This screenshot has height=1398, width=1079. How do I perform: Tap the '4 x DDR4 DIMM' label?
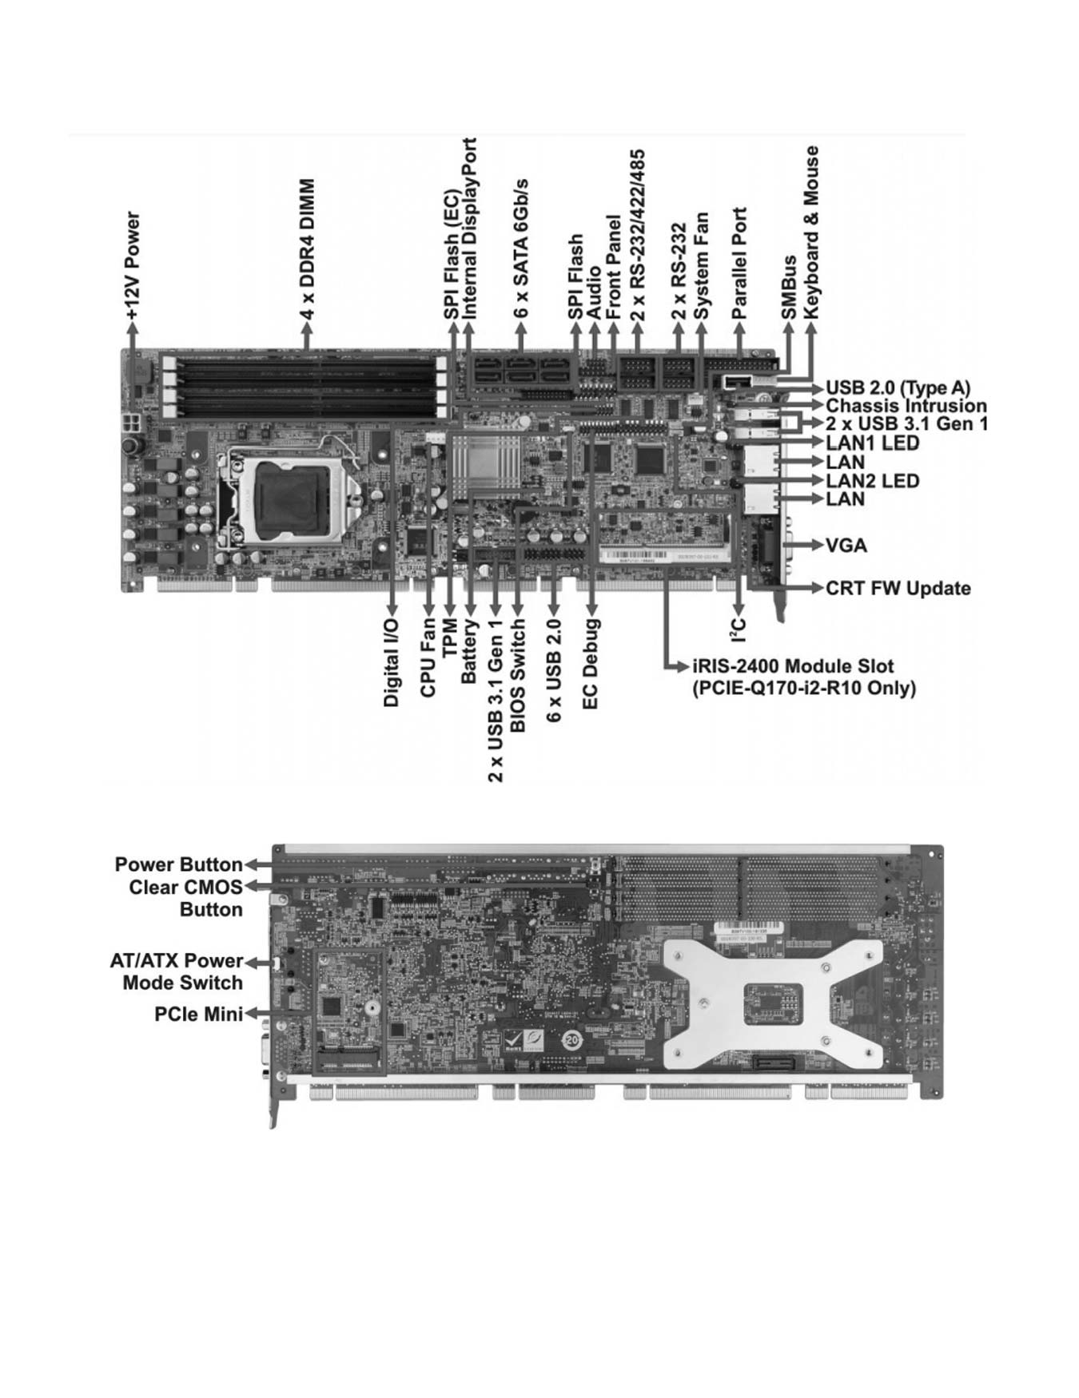pos(307,250)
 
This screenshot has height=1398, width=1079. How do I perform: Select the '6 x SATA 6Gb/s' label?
pos(522,250)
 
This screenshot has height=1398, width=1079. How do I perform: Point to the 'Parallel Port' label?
pos(739,264)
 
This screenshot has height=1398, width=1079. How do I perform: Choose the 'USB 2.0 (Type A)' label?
pos(898,388)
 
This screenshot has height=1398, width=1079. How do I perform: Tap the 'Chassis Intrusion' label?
pos(906,406)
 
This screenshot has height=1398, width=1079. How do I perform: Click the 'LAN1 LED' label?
pos(872,443)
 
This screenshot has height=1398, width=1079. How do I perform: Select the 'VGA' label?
pos(846,546)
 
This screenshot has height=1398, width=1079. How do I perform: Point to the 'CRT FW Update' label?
pos(898,589)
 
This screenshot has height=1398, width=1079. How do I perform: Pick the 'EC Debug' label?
pos(591,664)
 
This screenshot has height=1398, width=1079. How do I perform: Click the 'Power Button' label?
pos(178,864)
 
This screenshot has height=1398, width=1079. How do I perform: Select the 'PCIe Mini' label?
pos(198,1014)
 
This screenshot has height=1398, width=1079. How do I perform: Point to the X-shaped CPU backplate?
pos(774,1004)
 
